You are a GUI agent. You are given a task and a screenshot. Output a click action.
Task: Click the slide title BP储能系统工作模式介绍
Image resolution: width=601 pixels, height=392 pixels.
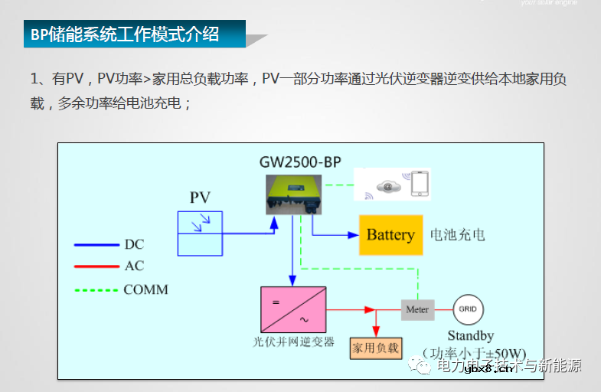click(125, 34)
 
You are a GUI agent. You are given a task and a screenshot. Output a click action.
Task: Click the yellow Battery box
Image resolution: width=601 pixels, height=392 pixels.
click(390, 235)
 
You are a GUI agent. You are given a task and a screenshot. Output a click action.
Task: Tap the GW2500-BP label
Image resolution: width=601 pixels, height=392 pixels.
click(300, 162)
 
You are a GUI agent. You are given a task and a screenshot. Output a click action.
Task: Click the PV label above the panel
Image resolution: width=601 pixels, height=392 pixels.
click(200, 198)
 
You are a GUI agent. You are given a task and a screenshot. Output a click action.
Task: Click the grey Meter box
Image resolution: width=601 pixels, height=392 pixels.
click(417, 310)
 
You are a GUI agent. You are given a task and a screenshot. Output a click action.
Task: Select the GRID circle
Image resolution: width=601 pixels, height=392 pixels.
click(467, 310)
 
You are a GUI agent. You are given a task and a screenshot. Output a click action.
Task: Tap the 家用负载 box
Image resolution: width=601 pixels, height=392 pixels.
click(375, 348)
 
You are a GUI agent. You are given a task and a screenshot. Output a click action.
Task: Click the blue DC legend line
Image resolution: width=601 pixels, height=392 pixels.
click(96, 245)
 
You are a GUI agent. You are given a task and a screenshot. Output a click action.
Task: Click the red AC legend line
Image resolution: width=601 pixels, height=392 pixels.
click(96, 266)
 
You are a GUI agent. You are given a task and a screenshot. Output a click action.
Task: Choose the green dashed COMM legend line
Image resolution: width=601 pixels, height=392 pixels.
click(96, 290)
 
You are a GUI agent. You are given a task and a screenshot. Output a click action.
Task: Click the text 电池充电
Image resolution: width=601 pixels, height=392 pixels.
click(457, 235)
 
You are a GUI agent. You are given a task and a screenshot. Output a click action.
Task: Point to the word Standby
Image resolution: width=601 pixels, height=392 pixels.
click(470, 335)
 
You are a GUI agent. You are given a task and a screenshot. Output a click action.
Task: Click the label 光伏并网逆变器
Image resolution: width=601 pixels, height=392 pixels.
click(293, 342)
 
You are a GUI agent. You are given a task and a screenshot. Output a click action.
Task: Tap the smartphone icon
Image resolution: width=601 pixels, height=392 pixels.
click(420, 185)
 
